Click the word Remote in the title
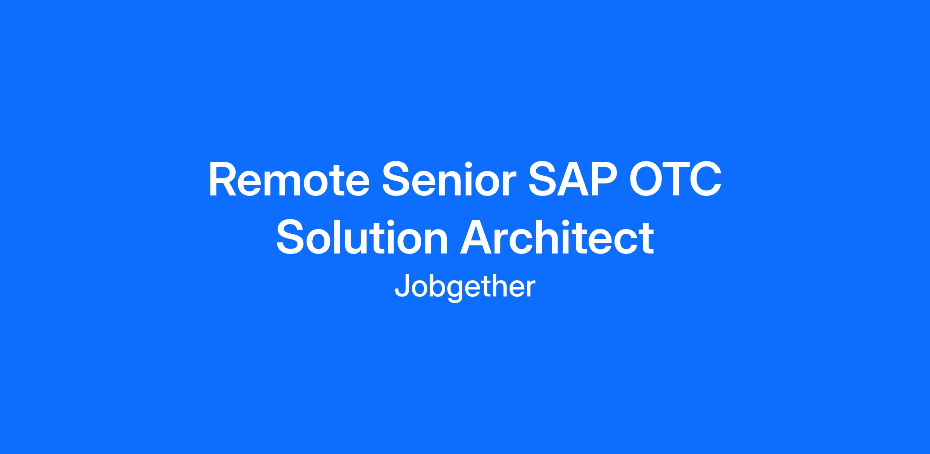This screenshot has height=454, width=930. coord(289,179)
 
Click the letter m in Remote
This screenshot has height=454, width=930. coord(289,184)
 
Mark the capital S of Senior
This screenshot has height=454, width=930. coord(397,179)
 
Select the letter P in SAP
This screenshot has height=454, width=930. coord(603,179)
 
